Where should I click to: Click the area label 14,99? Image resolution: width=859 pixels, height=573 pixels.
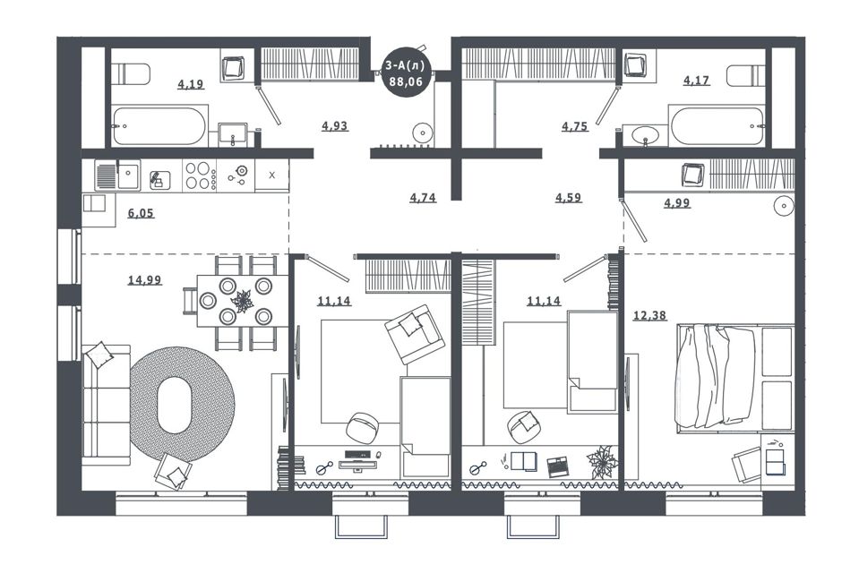coord(144,280)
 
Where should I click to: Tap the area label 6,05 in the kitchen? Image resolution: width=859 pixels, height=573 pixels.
coord(141,213)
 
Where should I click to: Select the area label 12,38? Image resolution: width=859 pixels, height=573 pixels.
coord(649,315)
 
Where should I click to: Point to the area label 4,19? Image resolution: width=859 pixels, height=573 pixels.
coord(191,84)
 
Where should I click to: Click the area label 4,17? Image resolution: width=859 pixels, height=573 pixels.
coord(696,81)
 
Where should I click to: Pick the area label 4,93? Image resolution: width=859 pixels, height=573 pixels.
coord(335,125)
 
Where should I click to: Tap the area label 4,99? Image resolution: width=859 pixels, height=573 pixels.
coord(677,203)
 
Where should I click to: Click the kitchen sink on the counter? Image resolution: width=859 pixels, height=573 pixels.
coord(117,175)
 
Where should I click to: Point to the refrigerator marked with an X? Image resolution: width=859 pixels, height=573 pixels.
coord(271,175)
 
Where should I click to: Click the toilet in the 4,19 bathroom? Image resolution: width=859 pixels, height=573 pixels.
coord(131,74)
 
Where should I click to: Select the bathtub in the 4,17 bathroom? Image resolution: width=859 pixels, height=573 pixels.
coord(716,126)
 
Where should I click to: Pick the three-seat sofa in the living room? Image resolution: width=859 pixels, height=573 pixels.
coord(107,405)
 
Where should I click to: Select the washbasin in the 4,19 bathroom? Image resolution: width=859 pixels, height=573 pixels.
coord(233,134)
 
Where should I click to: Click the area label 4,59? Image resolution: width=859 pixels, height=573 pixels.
coord(569,197)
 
